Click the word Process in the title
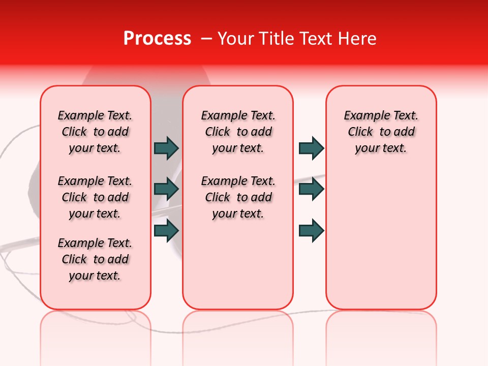point(157,39)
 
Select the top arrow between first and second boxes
point(166,148)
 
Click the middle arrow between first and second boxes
point(166,189)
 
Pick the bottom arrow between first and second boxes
point(166,230)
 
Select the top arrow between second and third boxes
point(311,148)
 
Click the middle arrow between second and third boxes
point(311,189)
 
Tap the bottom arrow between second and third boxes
point(311,230)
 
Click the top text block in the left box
point(95,132)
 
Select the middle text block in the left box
point(95,197)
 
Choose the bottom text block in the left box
point(95,259)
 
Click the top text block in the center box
point(238,132)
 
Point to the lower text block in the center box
point(238,197)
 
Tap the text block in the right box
point(381,132)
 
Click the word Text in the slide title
point(317,39)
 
